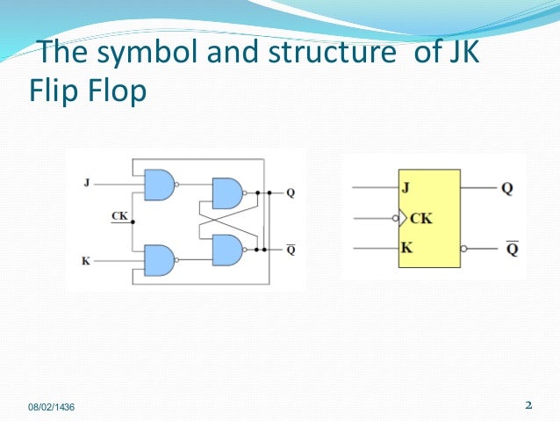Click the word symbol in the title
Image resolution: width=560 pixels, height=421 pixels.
click(147, 53)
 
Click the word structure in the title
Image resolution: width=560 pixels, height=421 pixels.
click(332, 52)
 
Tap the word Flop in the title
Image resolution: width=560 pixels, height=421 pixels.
click(117, 91)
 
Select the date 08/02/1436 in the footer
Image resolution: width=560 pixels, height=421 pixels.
click(52, 407)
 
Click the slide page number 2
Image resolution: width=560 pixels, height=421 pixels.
click(528, 405)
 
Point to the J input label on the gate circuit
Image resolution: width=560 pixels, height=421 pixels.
click(86, 183)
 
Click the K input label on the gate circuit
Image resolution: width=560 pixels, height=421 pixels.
click(86, 261)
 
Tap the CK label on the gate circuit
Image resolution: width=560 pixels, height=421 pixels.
click(119, 216)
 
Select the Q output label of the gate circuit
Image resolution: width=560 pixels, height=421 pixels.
click(291, 192)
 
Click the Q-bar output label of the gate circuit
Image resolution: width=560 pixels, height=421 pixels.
click(291, 250)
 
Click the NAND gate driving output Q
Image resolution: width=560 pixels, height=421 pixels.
click(229, 193)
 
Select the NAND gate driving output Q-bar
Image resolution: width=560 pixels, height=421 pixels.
click(229, 250)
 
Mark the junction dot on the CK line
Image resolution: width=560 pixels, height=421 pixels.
click(133, 222)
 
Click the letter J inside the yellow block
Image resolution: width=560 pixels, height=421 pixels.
click(406, 187)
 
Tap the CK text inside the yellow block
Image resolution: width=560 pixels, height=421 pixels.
click(421, 219)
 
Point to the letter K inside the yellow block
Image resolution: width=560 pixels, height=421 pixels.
click(406, 248)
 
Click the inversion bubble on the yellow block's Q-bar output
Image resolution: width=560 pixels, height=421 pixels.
click(463, 249)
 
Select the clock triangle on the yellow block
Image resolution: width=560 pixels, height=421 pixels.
click(403, 218)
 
